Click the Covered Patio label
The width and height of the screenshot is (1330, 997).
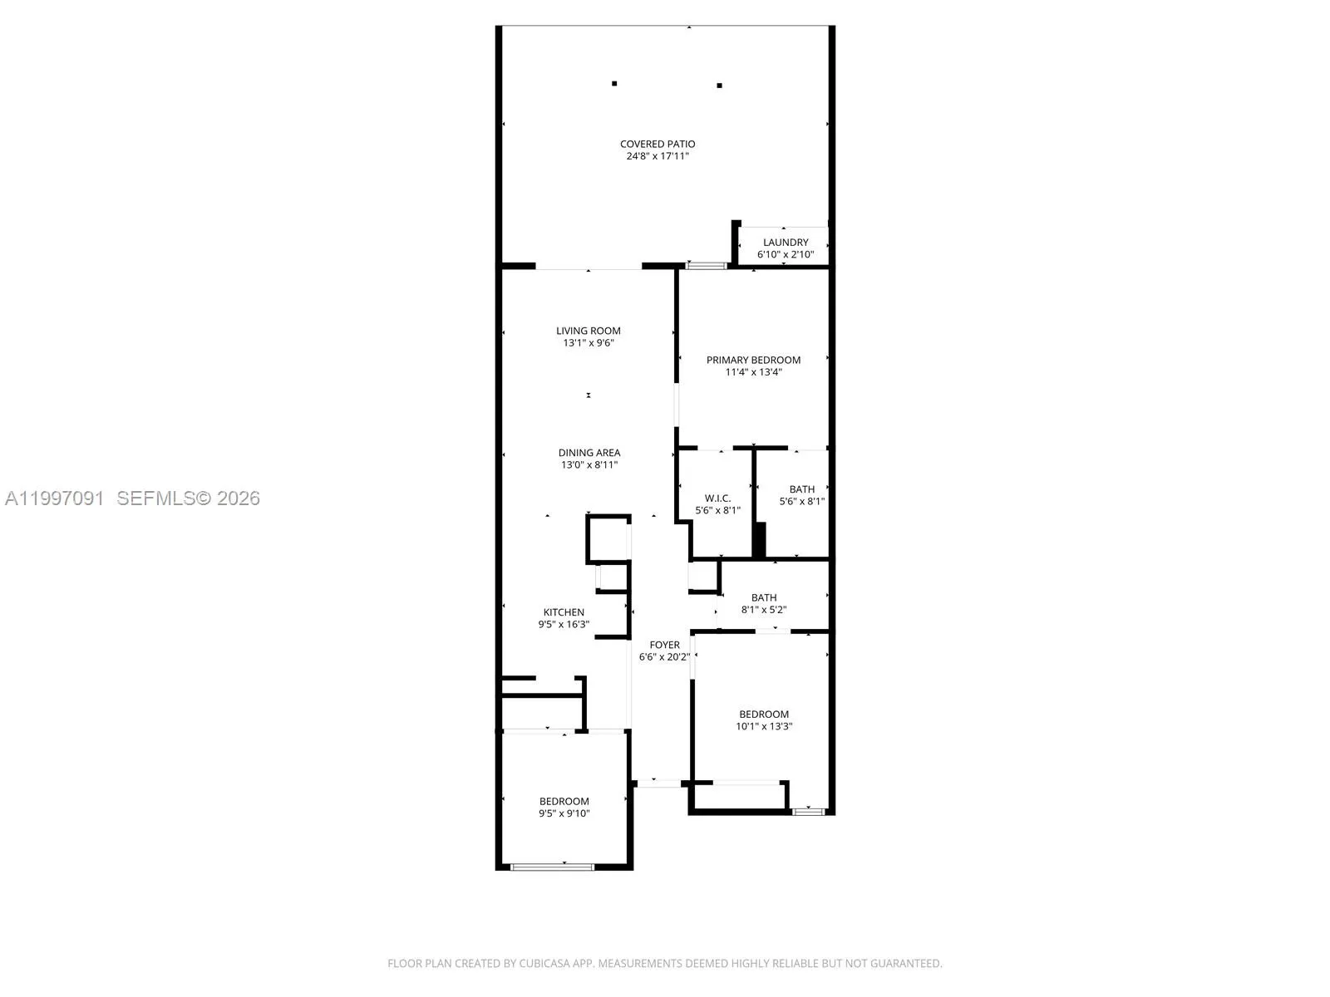pos(658,144)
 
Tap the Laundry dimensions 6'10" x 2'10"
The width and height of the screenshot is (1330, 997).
pos(786,254)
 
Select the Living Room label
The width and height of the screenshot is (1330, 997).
pos(589,331)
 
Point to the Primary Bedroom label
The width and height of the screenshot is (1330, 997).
pos(753,360)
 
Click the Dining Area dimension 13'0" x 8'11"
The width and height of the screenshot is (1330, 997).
pos(589,465)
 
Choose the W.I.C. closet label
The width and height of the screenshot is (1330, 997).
pos(717,498)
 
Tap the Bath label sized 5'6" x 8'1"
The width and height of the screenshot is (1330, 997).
pos(802,489)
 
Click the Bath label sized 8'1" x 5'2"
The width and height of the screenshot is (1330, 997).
pos(764,597)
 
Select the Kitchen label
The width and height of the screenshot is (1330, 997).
pos(564,612)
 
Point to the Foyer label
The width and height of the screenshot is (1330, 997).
pos(664,645)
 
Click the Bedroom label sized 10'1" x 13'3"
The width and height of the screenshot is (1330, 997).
pos(764,715)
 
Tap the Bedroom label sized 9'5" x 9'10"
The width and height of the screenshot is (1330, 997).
pos(564,802)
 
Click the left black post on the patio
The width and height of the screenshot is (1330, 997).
pos(614,83)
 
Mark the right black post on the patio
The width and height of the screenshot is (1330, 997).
pos(719,85)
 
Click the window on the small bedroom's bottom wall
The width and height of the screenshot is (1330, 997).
pos(552,867)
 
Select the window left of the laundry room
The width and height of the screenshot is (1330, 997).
pos(706,266)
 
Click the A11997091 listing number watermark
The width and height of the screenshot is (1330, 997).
pos(55,498)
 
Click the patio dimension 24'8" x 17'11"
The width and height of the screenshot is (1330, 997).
pos(658,156)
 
